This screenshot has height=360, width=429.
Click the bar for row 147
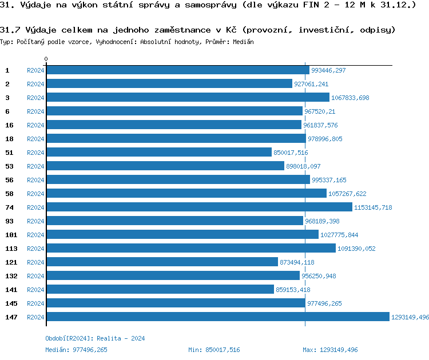tap(217, 317)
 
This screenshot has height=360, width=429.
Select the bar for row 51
tap(159, 153)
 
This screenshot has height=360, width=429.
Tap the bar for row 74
tap(199, 207)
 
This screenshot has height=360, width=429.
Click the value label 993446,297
tap(328, 70)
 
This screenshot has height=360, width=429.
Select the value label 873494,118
tap(297, 262)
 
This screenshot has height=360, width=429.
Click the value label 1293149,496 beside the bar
tap(410, 317)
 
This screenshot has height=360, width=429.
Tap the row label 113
tap(11, 249)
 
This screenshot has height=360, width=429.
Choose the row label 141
tap(11, 290)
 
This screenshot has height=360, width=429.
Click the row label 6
tap(7, 111)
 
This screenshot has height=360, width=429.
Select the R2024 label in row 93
tap(35, 221)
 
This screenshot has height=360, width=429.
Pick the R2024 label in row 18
tap(35, 139)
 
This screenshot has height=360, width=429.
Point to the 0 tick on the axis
tap(46, 59)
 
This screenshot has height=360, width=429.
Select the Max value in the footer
tap(330, 350)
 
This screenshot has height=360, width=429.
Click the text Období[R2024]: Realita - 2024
tap(95, 338)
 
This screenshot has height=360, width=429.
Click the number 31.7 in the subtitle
tap(10, 29)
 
